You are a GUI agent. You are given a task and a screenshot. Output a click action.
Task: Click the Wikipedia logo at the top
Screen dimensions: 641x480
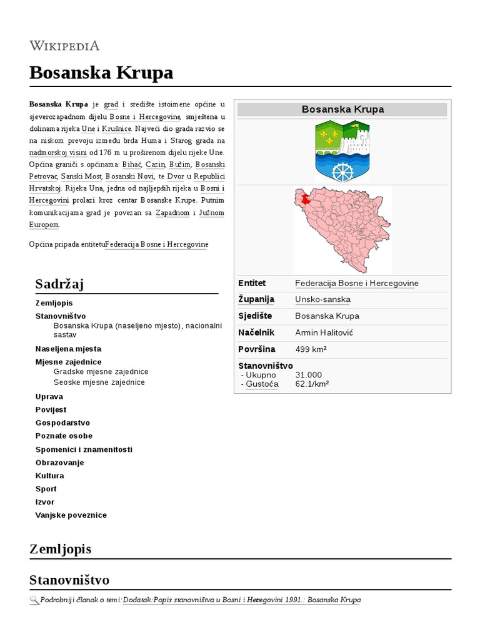[64, 46]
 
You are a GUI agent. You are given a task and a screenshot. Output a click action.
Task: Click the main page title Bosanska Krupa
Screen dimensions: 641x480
[101, 73]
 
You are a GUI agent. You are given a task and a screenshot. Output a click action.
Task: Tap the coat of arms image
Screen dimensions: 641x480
[342, 151]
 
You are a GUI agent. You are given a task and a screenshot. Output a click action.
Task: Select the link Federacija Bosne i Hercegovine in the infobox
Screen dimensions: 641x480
[356, 284]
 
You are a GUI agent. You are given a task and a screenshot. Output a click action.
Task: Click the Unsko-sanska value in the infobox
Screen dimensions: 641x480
[322, 300]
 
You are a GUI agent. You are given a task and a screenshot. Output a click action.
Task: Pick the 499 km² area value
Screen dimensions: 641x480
[311, 349]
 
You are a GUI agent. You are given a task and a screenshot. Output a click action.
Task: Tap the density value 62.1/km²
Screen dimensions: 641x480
[312, 384]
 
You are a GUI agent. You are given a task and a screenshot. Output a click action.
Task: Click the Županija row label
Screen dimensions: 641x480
[256, 300]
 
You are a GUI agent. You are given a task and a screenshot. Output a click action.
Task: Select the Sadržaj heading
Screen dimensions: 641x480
[60, 284]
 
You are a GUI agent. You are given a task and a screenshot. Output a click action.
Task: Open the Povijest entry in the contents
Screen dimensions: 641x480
[52, 409]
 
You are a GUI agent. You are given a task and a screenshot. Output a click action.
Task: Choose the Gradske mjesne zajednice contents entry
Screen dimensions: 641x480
[101, 372]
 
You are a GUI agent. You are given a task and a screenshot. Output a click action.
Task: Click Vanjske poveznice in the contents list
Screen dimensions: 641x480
[71, 515]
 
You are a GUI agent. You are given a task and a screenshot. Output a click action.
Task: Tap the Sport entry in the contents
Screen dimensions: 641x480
[46, 489]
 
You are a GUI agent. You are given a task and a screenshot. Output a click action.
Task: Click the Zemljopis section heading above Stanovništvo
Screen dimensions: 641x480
[60, 549]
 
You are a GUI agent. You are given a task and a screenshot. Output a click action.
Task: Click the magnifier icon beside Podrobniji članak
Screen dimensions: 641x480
[34, 600]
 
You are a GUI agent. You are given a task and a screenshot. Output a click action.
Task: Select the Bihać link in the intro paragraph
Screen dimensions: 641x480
[131, 164]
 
